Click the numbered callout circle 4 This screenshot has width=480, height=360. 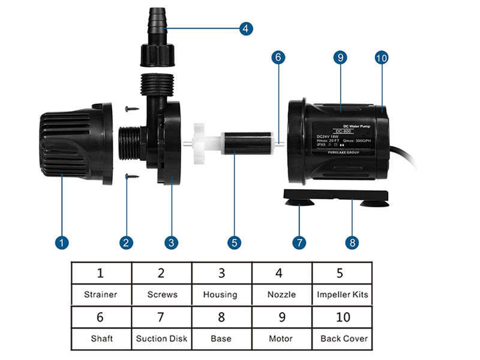point(245,28)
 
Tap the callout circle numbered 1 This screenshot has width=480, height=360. point(62,243)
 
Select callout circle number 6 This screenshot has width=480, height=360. point(278,58)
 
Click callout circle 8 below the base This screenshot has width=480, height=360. point(352,243)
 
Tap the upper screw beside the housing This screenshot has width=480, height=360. point(132,109)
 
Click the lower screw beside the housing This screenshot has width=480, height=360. point(132,176)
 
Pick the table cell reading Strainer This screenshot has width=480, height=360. point(101,295)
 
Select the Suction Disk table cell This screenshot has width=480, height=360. point(161,338)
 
